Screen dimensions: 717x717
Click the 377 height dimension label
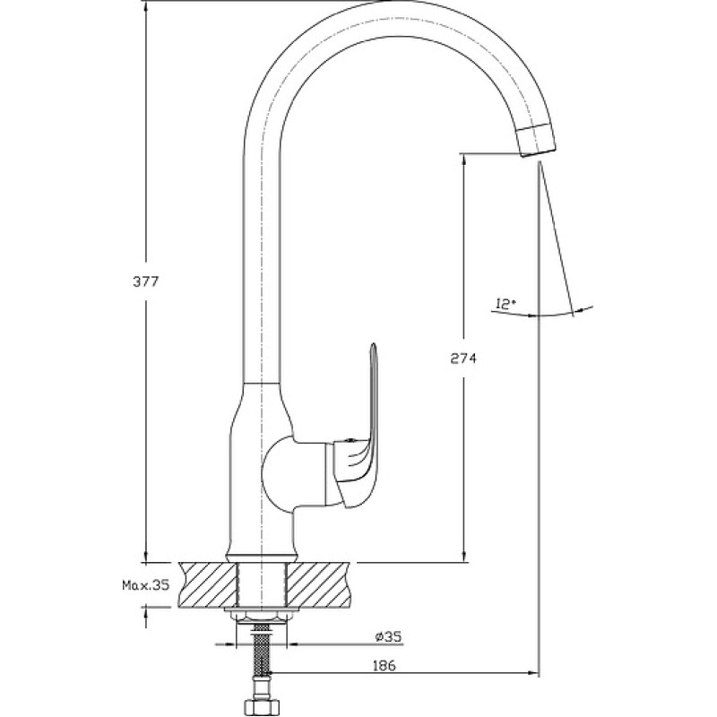pos(146,281)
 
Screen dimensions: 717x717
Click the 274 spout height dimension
pos(463,358)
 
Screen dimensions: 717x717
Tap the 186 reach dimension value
pos(384,665)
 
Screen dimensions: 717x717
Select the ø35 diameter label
pos(388,636)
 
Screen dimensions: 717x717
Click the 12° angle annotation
pos(505,303)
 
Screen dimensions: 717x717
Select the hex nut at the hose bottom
pos(261,707)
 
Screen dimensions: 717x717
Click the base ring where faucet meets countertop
pos(262,557)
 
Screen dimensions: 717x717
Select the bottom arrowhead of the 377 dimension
pos(146,555)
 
